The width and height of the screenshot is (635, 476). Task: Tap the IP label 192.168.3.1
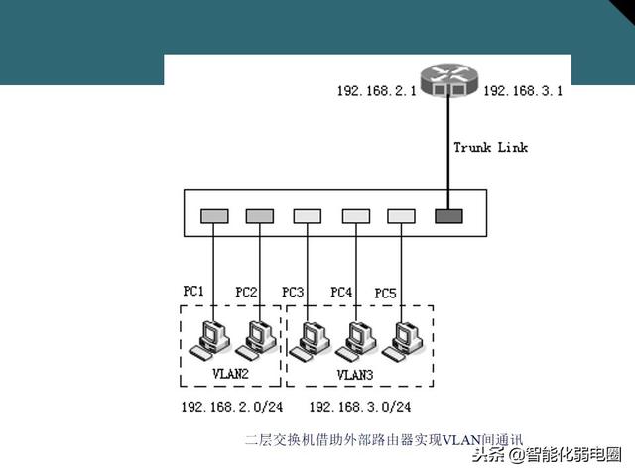(x=523, y=91)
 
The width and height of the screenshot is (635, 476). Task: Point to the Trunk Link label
(x=490, y=148)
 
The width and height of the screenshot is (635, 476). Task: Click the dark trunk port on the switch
(x=447, y=215)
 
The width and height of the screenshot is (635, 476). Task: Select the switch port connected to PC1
(x=211, y=215)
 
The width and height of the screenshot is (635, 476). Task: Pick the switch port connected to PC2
(x=259, y=215)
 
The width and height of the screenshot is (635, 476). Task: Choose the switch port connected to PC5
(x=401, y=215)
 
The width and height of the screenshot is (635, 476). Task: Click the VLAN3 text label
(x=355, y=375)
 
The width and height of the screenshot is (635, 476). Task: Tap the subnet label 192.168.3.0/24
(x=359, y=407)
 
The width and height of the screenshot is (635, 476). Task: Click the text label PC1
(x=193, y=291)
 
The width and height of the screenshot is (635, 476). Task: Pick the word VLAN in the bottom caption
(x=461, y=439)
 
